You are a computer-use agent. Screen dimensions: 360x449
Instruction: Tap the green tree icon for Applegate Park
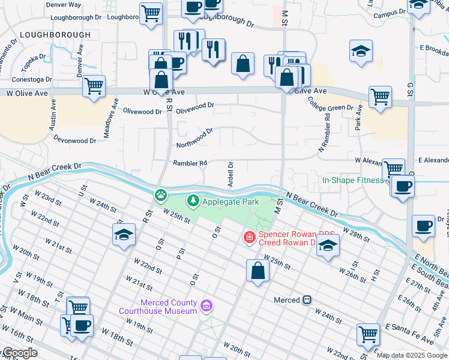tap(193, 200)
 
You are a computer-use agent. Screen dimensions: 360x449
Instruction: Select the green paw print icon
tap(161, 194)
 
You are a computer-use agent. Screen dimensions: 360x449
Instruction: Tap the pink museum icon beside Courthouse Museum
tap(206, 307)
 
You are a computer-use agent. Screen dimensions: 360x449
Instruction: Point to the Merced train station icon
tap(307, 299)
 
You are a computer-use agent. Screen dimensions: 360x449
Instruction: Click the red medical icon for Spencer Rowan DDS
tap(249, 238)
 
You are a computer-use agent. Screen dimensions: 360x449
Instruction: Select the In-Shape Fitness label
tap(352, 180)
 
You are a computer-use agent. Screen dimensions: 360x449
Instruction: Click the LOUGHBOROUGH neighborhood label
tap(55, 35)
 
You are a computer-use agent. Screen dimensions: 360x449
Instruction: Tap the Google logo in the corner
tap(19, 353)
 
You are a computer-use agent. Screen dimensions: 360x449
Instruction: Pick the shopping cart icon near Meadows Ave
tap(94, 86)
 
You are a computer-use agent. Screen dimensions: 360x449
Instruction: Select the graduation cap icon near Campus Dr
tap(361, 52)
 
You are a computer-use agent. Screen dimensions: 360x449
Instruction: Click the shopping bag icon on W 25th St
tap(258, 270)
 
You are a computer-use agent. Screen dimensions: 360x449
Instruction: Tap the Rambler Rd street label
tap(190, 163)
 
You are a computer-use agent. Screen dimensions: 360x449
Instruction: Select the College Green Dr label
tap(332, 108)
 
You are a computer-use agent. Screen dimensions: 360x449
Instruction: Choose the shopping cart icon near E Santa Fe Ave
tap(368, 334)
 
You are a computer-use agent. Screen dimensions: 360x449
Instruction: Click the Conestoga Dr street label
tap(32, 79)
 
